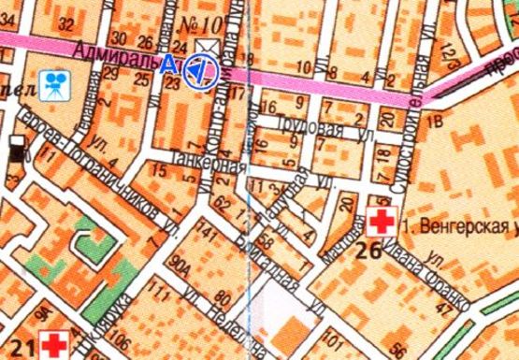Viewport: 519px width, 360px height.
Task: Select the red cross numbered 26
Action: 381,223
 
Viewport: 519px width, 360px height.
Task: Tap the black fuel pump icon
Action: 16,147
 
